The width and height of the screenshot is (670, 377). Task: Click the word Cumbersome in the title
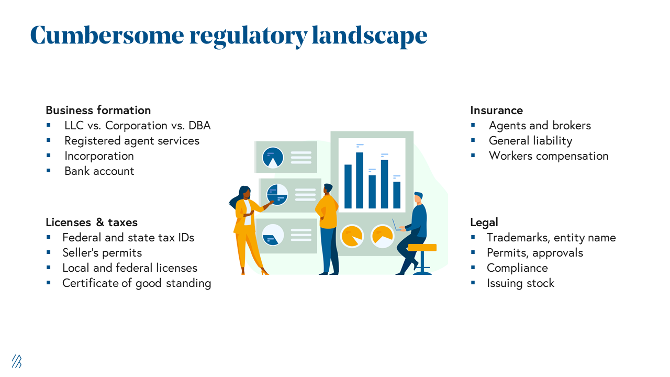(x=107, y=36)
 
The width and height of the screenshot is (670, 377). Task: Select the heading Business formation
(x=98, y=110)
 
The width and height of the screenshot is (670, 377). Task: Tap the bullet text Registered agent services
(x=131, y=141)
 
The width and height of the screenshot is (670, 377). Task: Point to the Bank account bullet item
(x=99, y=171)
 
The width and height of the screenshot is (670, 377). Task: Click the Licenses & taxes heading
(x=92, y=223)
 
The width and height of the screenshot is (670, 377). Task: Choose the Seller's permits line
(x=102, y=253)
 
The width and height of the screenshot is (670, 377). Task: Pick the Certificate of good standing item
(x=137, y=283)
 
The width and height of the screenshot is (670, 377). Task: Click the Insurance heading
(x=496, y=110)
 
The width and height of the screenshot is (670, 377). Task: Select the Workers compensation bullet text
(x=549, y=156)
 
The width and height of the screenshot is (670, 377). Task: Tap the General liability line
(x=530, y=141)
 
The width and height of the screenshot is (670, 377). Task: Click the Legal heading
(x=484, y=223)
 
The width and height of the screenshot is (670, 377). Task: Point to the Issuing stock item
(x=520, y=283)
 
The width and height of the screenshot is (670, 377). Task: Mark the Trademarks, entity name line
(x=551, y=238)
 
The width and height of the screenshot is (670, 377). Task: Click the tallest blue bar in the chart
(x=360, y=180)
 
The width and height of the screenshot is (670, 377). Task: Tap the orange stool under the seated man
(x=422, y=247)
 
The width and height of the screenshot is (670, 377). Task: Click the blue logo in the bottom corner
(x=17, y=361)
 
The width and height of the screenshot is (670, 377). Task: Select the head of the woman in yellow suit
(x=244, y=193)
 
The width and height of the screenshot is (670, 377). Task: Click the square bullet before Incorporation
(x=49, y=156)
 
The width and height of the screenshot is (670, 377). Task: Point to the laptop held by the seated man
(x=397, y=226)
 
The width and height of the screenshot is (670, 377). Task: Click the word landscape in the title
(x=370, y=36)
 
